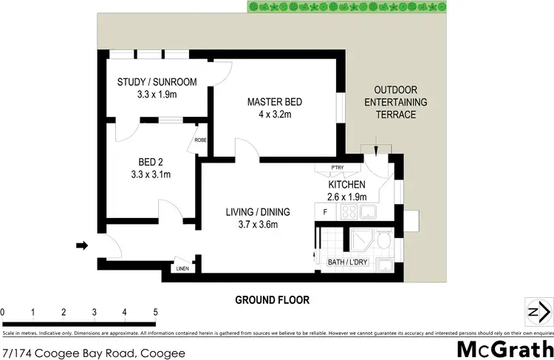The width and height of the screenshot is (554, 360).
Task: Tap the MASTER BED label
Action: [x=274, y=101]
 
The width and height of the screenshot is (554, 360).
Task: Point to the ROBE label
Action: [x=199, y=140]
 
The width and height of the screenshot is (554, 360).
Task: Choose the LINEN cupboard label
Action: [x=182, y=268]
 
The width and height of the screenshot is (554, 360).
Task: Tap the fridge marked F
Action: [x=325, y=212]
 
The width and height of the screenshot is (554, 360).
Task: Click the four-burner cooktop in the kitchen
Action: [x=347, y=213]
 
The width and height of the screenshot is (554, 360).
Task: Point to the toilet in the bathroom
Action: [x=383, y=241]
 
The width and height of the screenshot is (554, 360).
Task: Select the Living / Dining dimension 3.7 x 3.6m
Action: [x=257, y=225]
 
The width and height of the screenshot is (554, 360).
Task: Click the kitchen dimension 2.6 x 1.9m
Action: [x=346, y=197]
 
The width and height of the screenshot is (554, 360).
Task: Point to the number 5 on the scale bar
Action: [x=155, y=311]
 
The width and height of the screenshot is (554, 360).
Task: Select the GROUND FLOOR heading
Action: [x=272, y=300]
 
